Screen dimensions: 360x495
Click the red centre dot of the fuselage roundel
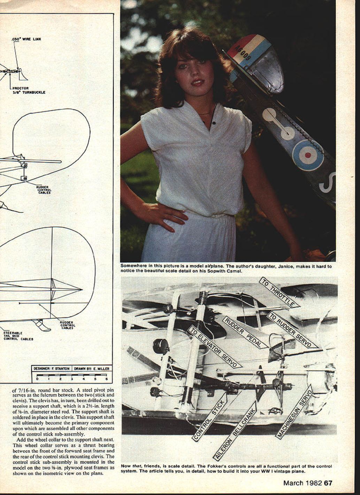pos(308,155)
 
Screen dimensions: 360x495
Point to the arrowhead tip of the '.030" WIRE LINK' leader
pos(18,69)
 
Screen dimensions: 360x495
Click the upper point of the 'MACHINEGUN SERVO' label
pos(311,385)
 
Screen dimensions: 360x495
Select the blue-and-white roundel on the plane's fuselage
pos(308,155)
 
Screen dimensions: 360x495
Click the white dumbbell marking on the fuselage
pos(279,124)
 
